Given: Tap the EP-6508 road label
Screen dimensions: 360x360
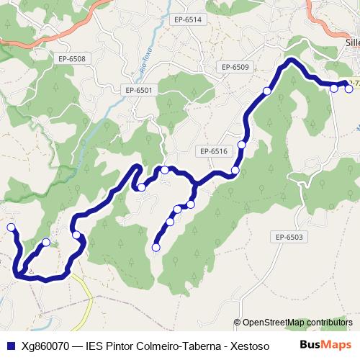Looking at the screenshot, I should [x=73, y=59].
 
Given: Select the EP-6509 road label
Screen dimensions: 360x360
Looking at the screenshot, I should [x=235, y=67].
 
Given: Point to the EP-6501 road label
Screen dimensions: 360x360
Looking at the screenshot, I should [x=139, y=90].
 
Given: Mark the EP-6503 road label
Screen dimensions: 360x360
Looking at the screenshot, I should [x=291, y=237].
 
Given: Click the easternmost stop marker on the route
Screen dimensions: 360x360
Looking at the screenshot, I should [x=349, y=88].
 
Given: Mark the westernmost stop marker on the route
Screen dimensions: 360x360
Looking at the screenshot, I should [x=11, y=228].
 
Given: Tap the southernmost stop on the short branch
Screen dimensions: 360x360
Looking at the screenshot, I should [x=156, y=248].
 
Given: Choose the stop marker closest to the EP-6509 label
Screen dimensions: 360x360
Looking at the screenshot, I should [x=267, y=91].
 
